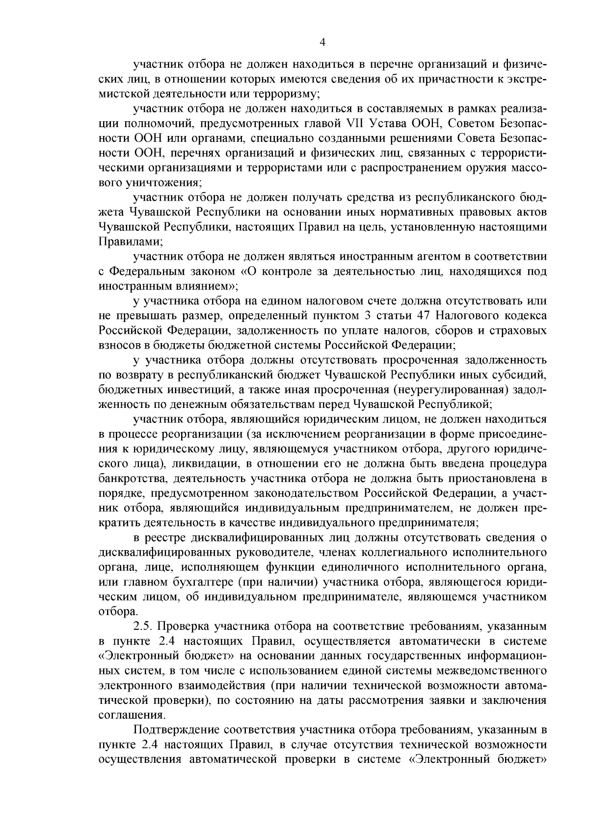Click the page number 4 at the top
(x=322, y=42)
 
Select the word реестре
(x=167, y=538)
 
